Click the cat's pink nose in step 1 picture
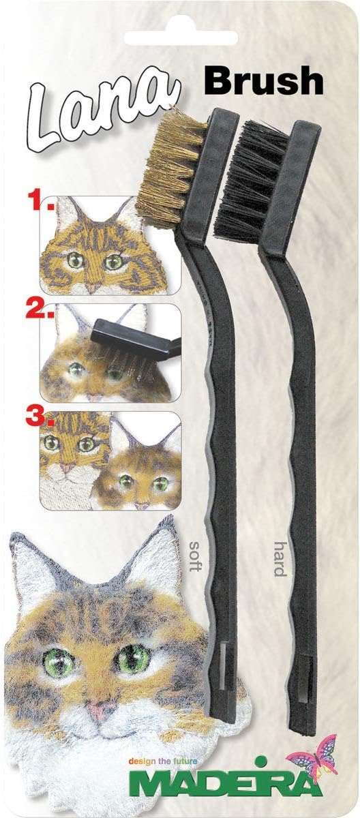(91, 289)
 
